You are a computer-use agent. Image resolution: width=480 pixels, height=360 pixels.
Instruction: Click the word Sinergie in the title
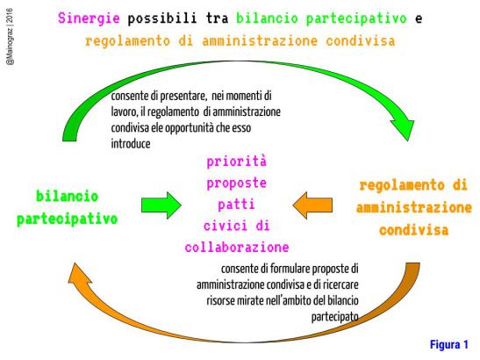point(89,18)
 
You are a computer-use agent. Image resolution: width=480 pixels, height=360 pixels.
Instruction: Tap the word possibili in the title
point(162,18)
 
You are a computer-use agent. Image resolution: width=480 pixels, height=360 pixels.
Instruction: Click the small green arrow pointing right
point(161,205)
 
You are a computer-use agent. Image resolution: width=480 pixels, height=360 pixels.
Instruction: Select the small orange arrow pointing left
point(312,205)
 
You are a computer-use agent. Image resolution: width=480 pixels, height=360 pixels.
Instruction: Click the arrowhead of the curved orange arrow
point(79,274)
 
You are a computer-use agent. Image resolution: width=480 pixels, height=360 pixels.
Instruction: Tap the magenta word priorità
point(237,162)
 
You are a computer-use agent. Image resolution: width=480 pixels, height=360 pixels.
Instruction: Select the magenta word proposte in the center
point(237,184)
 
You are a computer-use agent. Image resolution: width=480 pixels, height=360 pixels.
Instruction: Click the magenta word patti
point(236,205)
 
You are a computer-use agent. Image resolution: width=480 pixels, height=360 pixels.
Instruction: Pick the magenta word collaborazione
point(237,248)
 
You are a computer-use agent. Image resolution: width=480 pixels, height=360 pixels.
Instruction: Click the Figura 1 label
point(449,345)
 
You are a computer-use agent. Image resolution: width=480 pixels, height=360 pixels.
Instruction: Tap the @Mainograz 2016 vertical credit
point(10,37)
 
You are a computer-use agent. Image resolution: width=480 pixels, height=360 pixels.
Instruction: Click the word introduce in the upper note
point(131,144)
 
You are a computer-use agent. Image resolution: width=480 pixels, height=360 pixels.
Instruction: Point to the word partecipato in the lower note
point(335,316)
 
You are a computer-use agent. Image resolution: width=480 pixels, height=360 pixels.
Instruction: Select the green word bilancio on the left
point(67,197)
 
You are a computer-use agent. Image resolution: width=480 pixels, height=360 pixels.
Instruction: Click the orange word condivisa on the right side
point(414,230)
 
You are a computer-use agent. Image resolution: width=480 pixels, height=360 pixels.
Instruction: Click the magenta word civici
point(226,227)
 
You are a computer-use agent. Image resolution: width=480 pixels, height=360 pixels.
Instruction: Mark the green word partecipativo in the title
point(356,18)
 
